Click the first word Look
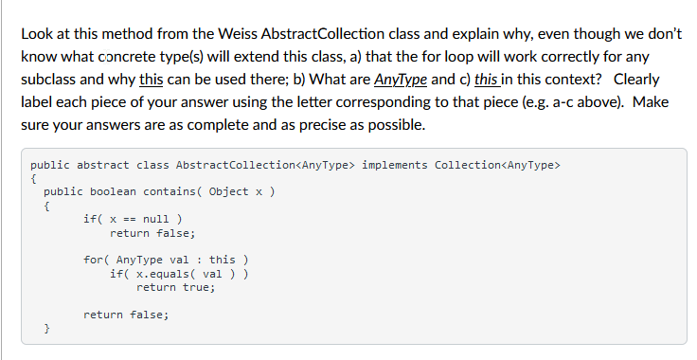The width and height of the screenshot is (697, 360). tap(36, 34)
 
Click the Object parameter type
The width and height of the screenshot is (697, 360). tap(229, 190)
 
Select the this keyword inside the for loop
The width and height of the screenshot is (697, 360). tap(223, 260)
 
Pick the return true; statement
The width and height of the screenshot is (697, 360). tap(175, 287)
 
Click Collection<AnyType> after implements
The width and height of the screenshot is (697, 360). tap(497, 164)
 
